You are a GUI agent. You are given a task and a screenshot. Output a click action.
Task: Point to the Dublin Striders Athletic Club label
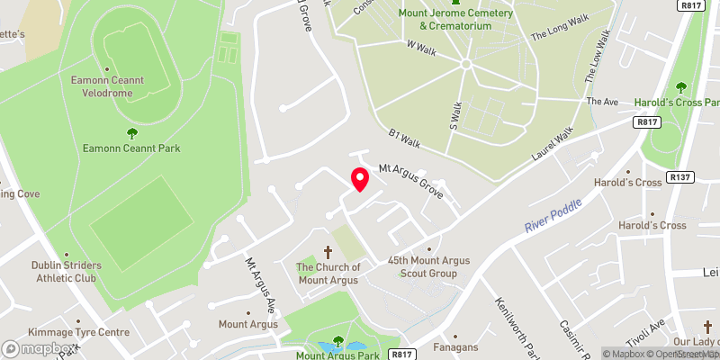(x=67, y=272)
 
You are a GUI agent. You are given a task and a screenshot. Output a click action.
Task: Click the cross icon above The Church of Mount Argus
(x=328, y=256)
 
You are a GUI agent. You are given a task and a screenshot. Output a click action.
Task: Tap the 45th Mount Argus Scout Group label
(x=428, y=266)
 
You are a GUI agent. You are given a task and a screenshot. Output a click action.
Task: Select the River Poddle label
(x=553, y=217)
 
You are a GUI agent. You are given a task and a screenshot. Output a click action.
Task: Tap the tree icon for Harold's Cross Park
(x=681, y=87)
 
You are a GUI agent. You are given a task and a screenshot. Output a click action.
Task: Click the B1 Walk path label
(x=405, y=138)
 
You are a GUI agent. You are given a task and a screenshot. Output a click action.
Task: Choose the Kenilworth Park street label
(x=510, y=324)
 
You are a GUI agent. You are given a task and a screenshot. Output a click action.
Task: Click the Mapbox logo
(x=39, y=348)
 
